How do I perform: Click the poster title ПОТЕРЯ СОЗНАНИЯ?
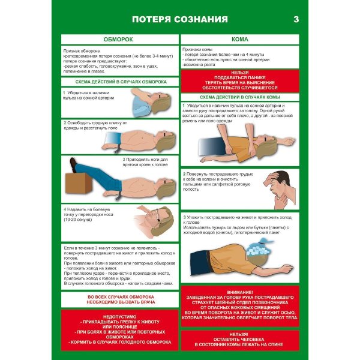pyautogui.click(x=180, y=20)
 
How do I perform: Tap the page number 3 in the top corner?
pyautogui.click(x=295, y=20)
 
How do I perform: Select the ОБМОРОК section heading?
pyautogui.click(x=118, y=39)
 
